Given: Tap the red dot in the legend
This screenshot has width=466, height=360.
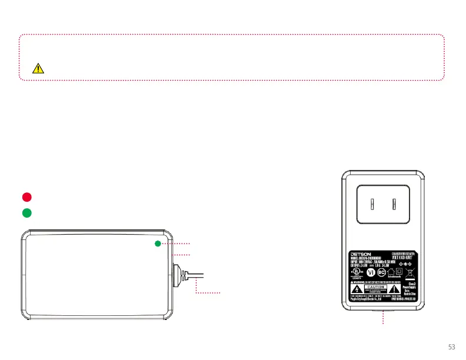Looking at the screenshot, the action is (x=27, y=196).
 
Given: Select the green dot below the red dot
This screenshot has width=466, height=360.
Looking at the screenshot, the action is (x=27, y=212).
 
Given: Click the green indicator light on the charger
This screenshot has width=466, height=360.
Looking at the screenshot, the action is (x=158, y=244).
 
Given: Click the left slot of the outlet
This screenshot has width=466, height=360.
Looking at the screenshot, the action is (x=372, y=205).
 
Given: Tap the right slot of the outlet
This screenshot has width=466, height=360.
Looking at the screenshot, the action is (x=394, y=205).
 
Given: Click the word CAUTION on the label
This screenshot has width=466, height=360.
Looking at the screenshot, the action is (x=376, y=286).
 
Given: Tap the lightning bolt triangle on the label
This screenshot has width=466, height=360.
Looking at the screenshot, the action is (x=355, y=289).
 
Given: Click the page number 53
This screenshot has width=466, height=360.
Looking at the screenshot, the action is (x=452, y=346).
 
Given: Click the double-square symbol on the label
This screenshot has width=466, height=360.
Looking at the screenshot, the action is (x=400, y=271).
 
